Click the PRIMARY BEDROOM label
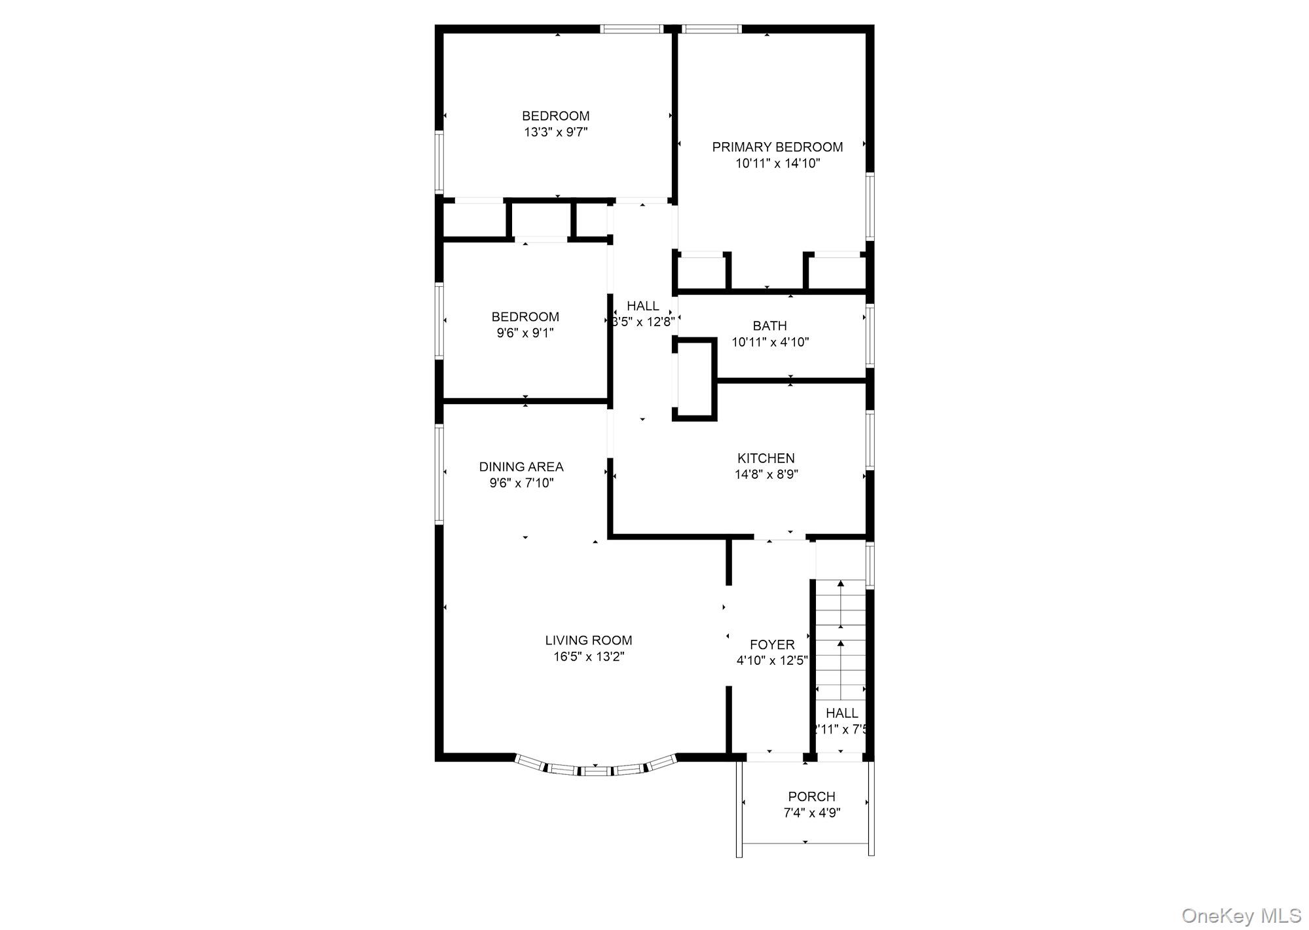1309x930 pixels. coord(777,147)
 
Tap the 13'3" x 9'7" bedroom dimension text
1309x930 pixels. coord(556,132)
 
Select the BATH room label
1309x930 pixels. coord(769,325)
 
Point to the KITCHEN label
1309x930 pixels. coord(765,458)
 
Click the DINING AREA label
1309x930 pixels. coord(521,466)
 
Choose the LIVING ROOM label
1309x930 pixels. coord(589,640)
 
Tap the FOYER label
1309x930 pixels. coord(772,644)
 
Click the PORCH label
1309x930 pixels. coord(811,796)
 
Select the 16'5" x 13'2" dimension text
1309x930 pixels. coord(589,657)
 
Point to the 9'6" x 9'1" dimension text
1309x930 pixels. coord(525,333)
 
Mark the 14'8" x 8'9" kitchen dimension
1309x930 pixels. coord(766,475)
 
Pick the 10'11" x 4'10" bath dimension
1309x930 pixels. coord(770,342)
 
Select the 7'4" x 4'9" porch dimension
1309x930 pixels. coord(812,813)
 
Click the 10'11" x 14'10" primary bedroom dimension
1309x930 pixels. coord(777,164)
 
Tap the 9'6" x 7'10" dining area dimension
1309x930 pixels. coord(521,483)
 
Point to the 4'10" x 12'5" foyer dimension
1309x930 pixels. coord(772,661)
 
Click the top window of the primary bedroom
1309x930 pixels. coord(712,29)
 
